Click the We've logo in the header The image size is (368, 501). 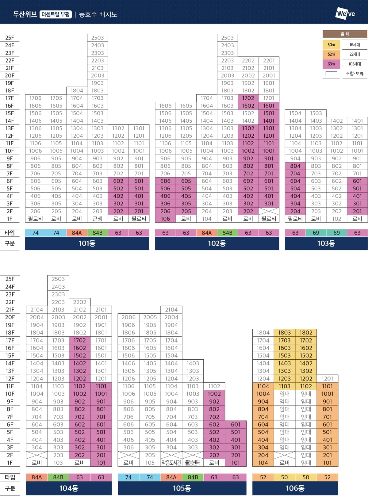pyautogui.click(x=345, y=14)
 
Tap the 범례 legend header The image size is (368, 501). pyautogui.click(x=345, y=34)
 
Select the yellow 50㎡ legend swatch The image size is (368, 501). pyautogui.click(x=331, y=45)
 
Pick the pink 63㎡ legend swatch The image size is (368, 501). pyautogui.click(x=331, y=64)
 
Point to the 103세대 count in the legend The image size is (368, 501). pyautogui.click(x=355, y=64)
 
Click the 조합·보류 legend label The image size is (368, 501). pyautogui.click(x=355, y=74)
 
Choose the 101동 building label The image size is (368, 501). pyautogui.click(x=87, y=243)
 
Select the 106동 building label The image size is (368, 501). pyautogui.click(x=295, y=488)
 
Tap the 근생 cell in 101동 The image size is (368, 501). pyautogui.click(x=98, y=219)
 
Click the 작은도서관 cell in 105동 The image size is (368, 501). pyautogui.click(x=171, y=463)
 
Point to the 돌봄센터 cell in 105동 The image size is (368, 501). pyautogui.click(x=193, y=463)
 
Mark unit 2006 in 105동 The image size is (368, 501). pyautogui.click(x=128, y=317)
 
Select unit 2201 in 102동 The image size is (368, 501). pyautogui.click(x=269, y=60)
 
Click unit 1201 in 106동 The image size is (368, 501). pyautogui.click(x=327, y=379)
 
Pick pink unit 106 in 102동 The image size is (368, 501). pyautogui.click(x=165, y=219)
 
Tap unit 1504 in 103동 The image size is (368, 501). pyautogui.click(x=295, y=113)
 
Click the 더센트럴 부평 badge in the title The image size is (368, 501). pyautogui.click(x=56, y=14)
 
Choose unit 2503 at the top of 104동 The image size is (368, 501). pyautogui.click(x=58, y=279)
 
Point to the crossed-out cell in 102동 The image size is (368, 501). pyautogui.click(x=269, y=211)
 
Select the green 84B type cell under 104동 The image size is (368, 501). pyautogui.click(x=58, y=477)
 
